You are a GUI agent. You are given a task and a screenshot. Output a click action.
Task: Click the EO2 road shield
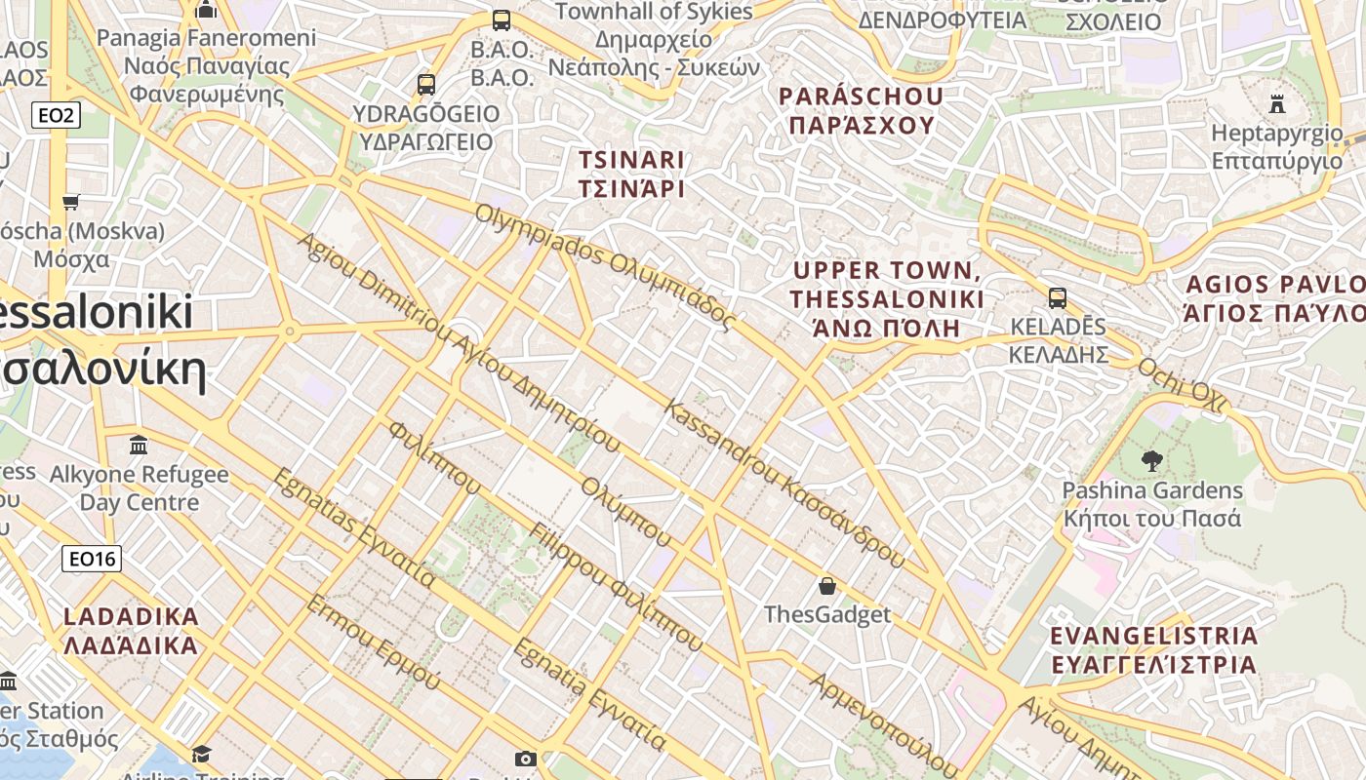coord(56,116)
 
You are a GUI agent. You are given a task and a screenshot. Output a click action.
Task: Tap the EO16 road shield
coord(92,559)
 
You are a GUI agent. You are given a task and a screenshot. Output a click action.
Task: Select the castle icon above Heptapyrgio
coord(1276,103)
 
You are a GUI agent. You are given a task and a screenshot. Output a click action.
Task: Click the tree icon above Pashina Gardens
coord(1151,460)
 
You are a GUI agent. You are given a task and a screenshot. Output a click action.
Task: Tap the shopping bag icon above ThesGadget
coord(827,586)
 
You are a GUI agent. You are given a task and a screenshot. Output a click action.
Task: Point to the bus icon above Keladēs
coord(1058,298)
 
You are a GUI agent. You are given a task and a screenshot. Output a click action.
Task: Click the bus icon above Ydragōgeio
coord(426,85)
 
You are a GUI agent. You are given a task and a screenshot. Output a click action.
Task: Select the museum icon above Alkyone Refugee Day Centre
coord(139,446)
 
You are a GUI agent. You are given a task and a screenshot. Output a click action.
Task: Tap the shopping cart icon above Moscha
coord(70,203)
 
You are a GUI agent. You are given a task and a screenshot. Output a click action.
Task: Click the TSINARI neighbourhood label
coord(631,174)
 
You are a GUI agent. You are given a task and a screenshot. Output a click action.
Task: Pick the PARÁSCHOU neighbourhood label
coord(862,110)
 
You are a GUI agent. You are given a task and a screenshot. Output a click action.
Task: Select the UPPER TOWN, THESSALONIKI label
coord(886,298)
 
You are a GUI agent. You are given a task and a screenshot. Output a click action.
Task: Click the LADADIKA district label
coord(131,631)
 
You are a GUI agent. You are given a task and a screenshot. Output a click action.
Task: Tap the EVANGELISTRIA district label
coord(1153,650)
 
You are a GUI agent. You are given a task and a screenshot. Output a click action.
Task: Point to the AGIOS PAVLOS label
coord(1273,298)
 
